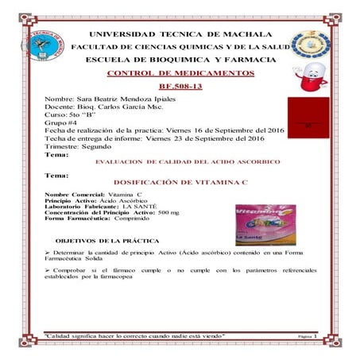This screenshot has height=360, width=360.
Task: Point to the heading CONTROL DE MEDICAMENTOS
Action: [x=180, y=73]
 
